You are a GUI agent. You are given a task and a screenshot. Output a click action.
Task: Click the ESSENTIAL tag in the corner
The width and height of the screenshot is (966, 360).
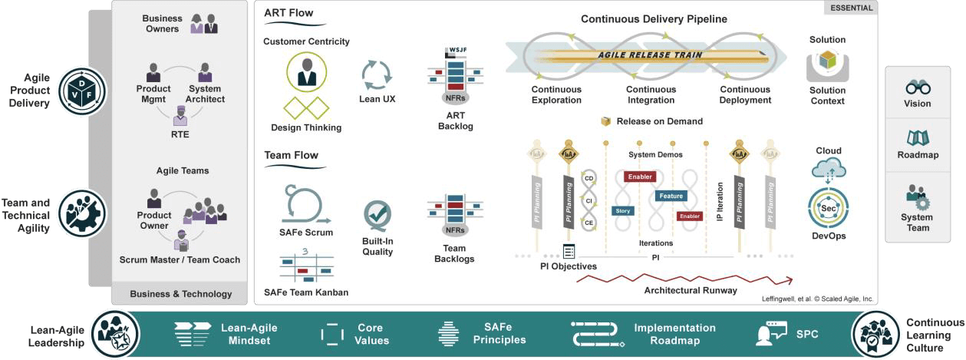[851, 8]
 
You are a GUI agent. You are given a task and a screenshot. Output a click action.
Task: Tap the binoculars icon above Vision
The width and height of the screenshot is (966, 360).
[918, 87]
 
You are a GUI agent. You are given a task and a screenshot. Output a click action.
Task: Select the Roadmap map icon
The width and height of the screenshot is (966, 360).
[918, 138]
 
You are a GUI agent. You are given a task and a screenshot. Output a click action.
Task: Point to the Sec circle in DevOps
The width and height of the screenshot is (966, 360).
[828, 208]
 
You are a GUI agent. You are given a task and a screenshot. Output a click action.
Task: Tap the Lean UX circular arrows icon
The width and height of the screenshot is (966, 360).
[377, 75]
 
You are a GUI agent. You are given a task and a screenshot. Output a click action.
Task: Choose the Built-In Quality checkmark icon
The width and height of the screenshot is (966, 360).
[377, 216]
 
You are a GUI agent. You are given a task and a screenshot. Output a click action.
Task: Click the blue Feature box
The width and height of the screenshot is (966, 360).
[670, 196]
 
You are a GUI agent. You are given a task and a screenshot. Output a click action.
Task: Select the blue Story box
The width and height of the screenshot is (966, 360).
[622, 210]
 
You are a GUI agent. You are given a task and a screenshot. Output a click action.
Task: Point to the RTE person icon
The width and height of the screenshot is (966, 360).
[180, 117]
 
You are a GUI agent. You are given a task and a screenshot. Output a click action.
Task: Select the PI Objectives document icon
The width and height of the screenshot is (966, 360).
[569, 251]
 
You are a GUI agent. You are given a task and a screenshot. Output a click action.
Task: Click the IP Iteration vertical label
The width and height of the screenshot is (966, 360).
[719, 202]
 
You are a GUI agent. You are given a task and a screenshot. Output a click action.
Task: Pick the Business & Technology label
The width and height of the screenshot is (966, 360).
[180, 294]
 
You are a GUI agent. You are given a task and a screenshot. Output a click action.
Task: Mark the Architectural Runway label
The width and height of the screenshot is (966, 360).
[691, 290]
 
